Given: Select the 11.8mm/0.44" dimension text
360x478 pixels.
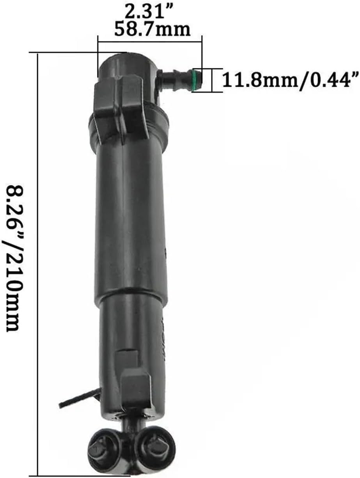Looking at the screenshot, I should point(290,80).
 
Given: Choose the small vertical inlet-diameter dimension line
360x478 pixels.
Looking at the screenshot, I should point(212,80).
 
